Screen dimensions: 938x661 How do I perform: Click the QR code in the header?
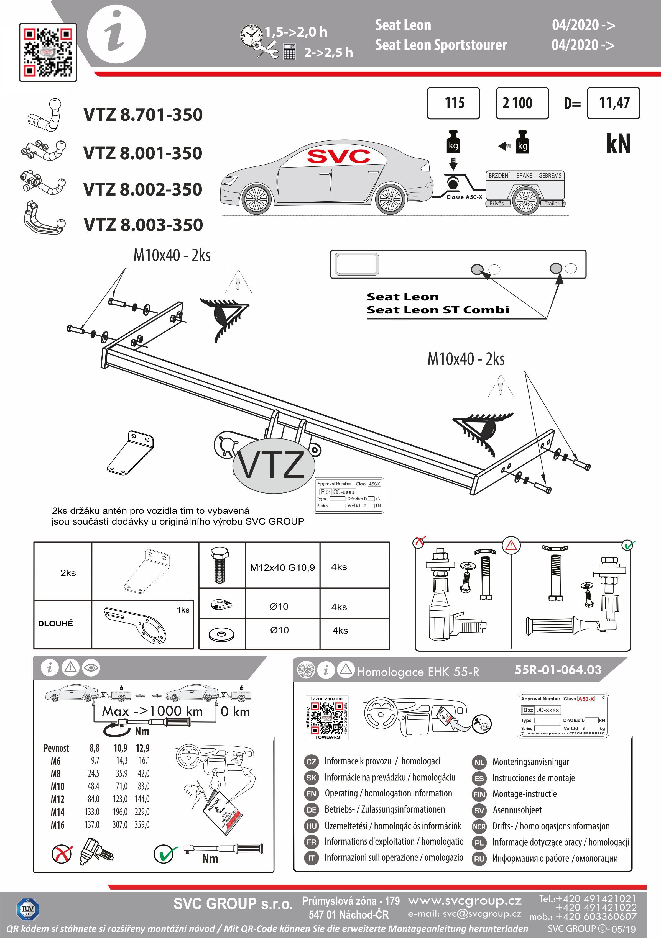[x=48, y=52]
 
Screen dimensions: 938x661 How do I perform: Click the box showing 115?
[x=453, y=103]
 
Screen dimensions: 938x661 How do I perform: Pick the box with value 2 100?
[x=522, y=103]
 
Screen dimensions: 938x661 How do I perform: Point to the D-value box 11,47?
[x=613, y=103]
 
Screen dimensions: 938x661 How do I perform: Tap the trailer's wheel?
[x=525, y=201]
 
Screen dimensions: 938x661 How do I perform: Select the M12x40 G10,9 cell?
[x=282, y=567]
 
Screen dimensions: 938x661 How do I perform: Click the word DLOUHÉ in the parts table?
[x=56, y=623]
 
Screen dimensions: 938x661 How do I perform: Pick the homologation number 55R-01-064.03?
[x=558, y=670]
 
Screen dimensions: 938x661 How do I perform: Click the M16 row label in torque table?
[x=58, y=825]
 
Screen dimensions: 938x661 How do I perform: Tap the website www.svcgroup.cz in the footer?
[x=465, y=901]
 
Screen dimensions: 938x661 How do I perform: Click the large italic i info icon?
[x=116, y=35]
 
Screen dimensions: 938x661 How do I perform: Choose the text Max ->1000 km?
[x=152, y=711]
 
